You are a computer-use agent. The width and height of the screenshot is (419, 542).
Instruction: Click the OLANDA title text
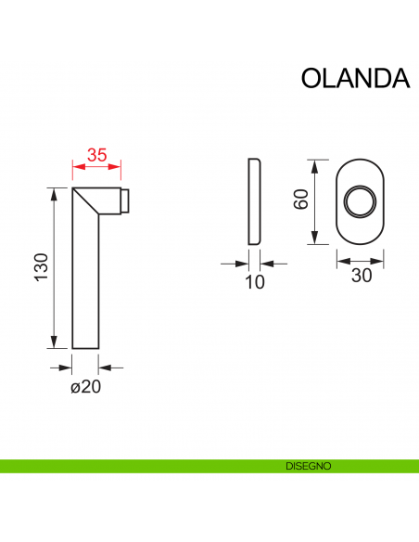click(x=355, y=79)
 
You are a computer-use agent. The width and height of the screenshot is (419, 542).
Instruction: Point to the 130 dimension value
click(x=40, y=268)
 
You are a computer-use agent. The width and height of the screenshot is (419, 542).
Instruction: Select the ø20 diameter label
click(x=85, y=387)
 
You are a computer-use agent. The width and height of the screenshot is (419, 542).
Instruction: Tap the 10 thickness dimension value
click(x=255, y=282)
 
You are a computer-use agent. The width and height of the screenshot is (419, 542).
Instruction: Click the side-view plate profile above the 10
click(x=255, y=201)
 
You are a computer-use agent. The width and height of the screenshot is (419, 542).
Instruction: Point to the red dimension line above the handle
click(x=97, y=168)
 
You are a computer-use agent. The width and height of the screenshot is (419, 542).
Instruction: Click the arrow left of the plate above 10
click(x=235, y=264)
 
